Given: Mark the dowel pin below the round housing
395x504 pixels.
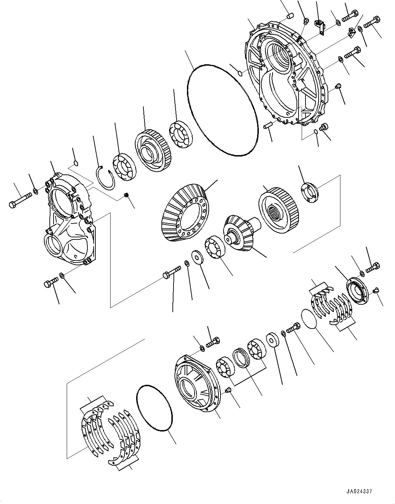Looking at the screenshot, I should coord(268,125).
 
